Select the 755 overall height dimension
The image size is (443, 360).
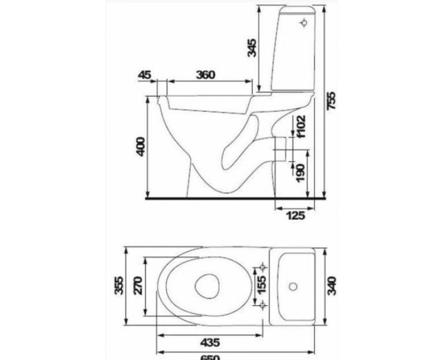(331, 100)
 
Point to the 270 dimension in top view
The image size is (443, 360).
(138, 286)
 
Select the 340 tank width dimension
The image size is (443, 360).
(331, 286)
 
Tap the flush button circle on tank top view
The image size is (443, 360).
(293, 287)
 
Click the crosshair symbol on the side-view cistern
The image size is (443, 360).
(303, 23)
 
